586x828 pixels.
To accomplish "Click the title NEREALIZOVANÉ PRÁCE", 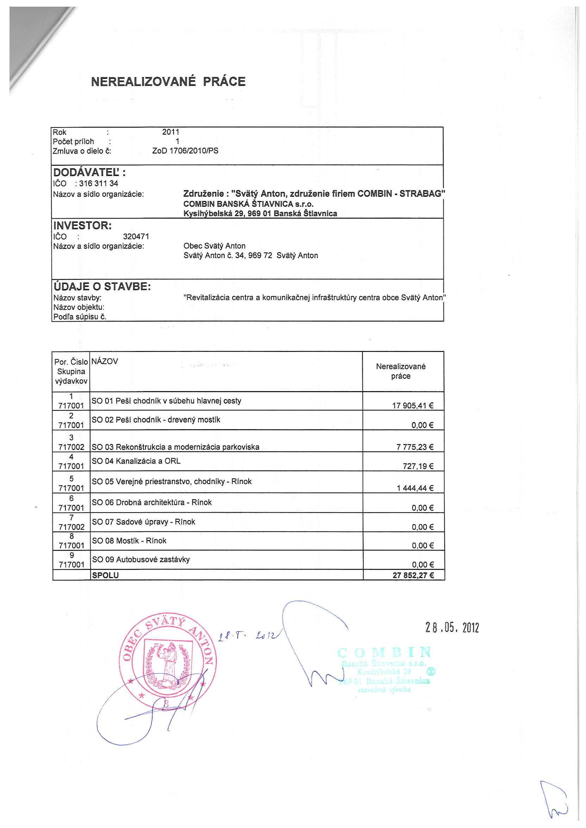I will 168,82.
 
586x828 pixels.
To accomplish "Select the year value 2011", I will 170,132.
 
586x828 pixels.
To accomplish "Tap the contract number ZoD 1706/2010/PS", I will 185,151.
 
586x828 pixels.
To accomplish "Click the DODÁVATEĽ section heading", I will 89,172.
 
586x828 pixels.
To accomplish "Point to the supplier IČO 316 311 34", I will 98,183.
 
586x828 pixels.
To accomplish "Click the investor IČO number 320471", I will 136,237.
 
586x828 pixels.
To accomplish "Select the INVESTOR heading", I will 83,226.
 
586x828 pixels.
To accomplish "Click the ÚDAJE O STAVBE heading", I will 102,287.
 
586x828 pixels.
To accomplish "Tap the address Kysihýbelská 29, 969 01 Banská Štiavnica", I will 260,213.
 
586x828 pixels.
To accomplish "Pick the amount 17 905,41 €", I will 413,406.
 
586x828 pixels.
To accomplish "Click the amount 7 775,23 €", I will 414,447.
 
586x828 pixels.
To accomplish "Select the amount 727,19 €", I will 418,466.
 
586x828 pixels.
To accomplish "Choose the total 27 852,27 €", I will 413,576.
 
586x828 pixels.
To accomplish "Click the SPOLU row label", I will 105,576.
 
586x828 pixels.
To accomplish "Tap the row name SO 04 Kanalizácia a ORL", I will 136,461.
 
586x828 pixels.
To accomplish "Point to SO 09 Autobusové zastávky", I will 141,560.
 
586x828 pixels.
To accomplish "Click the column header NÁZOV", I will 105,361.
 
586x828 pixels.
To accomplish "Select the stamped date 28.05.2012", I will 452,628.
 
